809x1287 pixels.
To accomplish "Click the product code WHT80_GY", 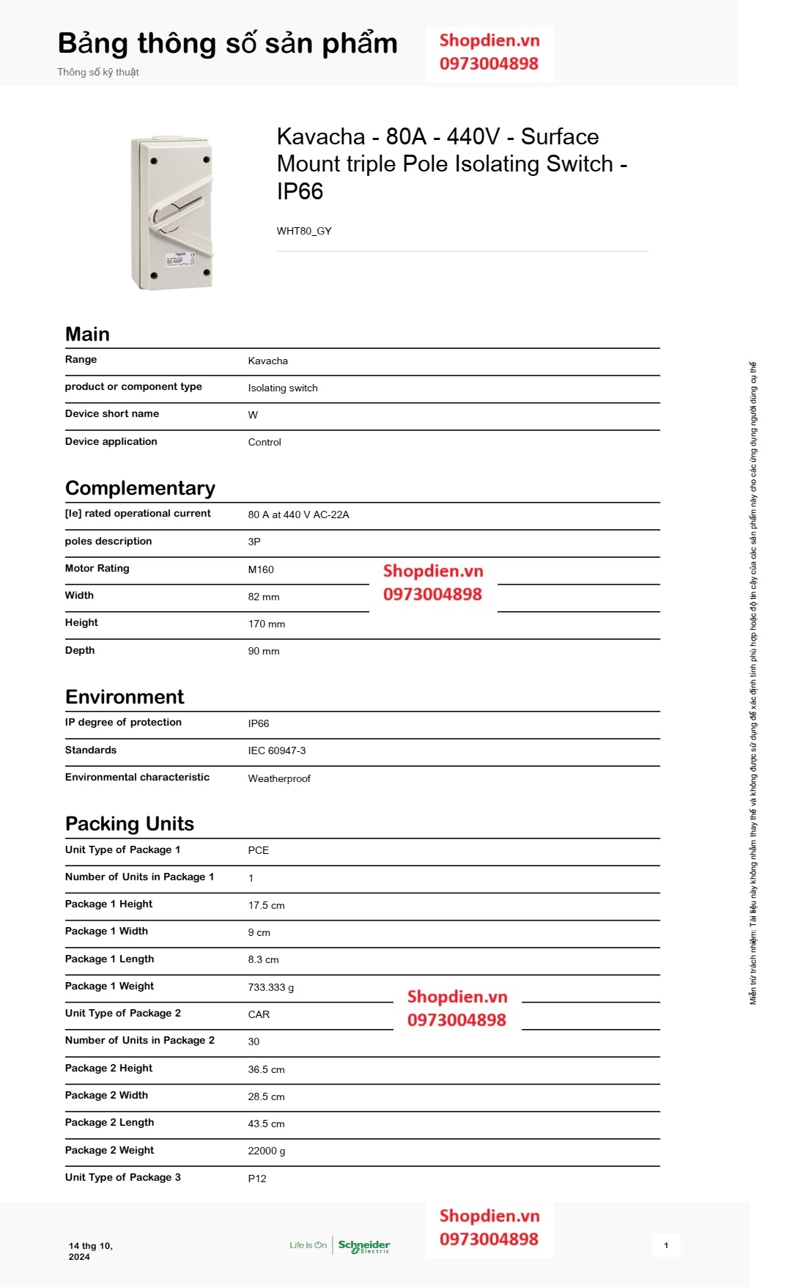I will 304,231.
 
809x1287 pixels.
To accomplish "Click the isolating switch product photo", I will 172,213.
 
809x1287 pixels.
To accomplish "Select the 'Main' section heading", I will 87,334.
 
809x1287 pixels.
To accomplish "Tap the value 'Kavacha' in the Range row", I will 267,361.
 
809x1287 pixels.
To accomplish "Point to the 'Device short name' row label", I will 112,414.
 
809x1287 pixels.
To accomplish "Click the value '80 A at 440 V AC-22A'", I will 298,515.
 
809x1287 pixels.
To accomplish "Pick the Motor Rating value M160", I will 261,569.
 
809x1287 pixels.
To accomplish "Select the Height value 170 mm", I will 266,624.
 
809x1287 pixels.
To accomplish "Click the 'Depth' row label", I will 80,650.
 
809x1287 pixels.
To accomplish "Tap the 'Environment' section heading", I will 125,697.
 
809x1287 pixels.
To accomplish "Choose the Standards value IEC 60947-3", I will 276,751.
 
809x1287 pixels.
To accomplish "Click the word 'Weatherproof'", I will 279,778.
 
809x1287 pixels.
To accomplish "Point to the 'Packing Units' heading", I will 130,824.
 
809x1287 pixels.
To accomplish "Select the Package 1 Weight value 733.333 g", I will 270,987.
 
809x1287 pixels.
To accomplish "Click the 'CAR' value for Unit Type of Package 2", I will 259,1014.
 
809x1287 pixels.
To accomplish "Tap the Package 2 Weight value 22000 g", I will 266,1151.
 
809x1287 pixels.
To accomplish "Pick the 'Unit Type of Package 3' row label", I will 122,1177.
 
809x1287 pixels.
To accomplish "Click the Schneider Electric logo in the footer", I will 363,1246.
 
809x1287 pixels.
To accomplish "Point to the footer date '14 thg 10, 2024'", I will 90,1251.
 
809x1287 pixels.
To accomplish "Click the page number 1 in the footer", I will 665,1245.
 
